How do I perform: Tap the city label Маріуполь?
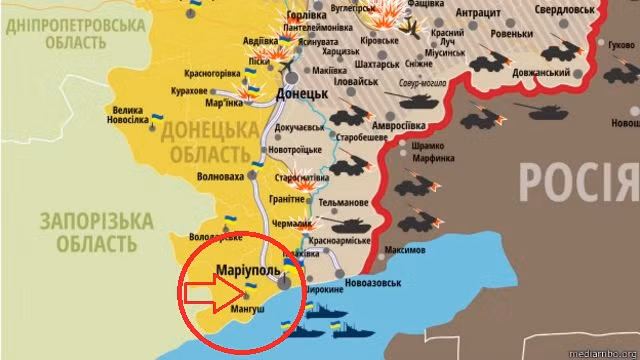[248, 271]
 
